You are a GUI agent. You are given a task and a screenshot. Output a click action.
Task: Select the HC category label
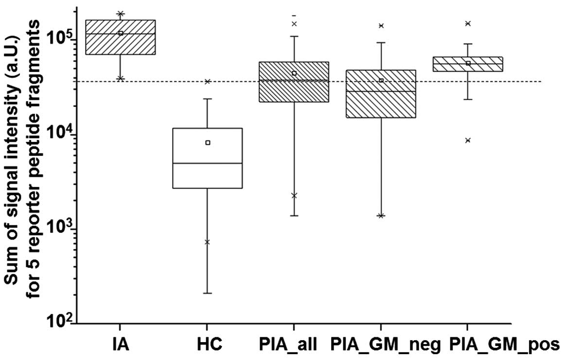tap(207, 344)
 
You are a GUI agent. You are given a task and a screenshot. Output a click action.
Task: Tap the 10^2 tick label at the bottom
tap(61, 321)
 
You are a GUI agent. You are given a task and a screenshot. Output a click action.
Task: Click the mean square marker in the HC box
tap(208, 143)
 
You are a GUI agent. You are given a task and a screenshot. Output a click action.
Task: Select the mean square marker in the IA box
tap(121, 33)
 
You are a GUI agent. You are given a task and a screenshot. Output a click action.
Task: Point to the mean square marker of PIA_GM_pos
tap(468, 63)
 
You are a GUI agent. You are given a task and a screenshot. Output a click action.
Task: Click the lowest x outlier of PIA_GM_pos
tap(468, 140)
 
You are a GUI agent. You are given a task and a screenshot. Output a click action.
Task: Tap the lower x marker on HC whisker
tap(208, 242)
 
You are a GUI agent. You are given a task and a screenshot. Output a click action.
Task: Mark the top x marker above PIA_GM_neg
tap(381, 26)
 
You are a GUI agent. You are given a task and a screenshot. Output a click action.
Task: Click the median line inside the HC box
tap(208, 163)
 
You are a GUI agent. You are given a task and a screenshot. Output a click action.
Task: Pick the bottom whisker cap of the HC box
tap(208, 293)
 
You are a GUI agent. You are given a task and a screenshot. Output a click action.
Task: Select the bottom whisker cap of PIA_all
tap(294, 216)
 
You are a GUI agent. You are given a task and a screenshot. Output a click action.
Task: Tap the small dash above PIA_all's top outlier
tap(294, 16)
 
